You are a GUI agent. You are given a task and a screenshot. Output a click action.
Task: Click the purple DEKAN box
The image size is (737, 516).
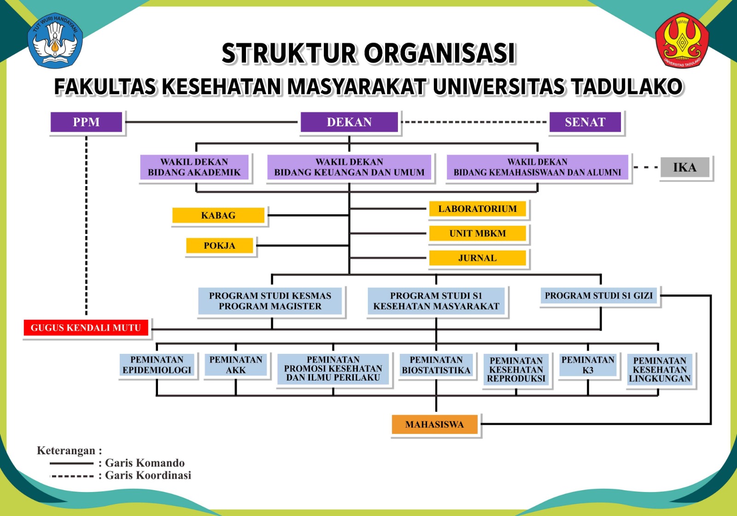349,122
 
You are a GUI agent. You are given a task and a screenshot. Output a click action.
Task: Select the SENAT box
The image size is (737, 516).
585,122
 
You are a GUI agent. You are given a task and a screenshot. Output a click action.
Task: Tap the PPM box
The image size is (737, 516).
86,122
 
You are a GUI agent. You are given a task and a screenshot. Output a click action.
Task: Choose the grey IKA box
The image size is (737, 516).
684,167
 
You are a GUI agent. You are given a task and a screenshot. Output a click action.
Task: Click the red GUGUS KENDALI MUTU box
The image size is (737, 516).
86,328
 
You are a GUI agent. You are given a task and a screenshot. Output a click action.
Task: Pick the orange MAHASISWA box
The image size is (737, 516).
434,424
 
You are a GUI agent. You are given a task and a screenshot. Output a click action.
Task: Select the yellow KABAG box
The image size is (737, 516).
218,215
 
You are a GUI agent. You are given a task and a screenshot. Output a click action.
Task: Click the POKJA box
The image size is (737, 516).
220,246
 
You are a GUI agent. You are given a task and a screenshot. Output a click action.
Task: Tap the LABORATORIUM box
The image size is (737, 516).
477,209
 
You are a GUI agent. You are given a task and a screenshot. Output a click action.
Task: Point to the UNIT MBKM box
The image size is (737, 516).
477,233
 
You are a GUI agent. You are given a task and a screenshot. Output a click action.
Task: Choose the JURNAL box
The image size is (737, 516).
477,258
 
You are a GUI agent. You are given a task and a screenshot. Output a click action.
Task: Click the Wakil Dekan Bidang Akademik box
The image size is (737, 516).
194,167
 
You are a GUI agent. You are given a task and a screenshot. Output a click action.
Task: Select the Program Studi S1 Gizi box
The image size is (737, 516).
599,296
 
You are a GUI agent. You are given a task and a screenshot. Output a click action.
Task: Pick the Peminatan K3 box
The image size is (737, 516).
588,365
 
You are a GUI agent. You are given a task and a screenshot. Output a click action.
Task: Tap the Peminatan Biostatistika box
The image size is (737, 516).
436,365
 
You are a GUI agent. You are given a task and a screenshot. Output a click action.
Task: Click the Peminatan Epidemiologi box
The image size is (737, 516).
157,365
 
